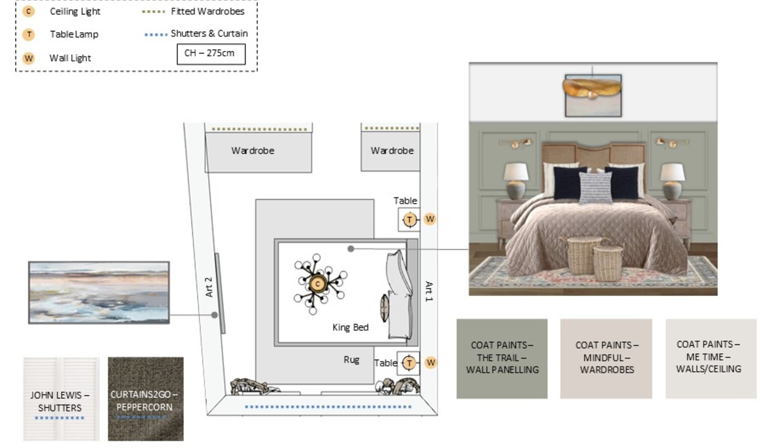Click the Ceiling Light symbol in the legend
29,12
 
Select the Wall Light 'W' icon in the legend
29,58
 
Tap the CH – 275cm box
211,54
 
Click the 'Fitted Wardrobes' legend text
208,12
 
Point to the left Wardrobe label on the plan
253,151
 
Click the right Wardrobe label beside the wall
392,151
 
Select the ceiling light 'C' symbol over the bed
318,283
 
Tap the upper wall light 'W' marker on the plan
430,219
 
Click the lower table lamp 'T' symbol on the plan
409,362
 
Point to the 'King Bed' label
350,327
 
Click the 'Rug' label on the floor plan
351,360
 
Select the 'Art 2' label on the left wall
209,287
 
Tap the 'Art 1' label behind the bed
429,291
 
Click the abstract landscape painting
99,293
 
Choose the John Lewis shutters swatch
61,399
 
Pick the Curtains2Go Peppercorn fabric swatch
146,399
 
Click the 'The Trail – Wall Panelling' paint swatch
502,359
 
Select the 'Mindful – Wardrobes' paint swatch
606,359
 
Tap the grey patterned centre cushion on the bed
596,187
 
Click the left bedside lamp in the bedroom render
516,181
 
